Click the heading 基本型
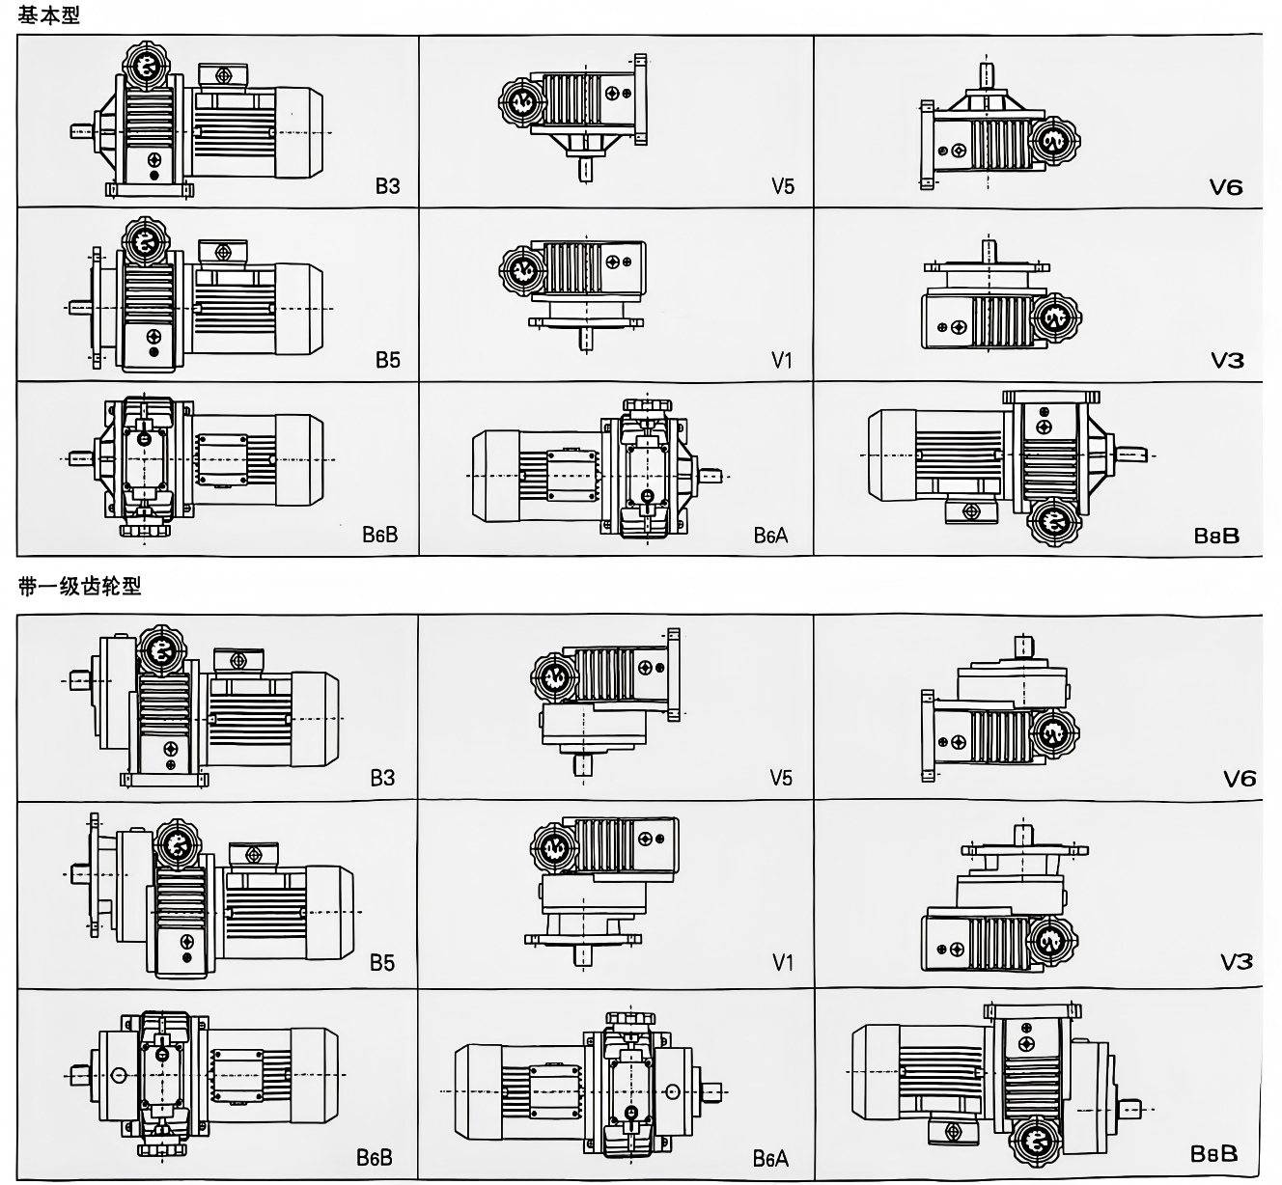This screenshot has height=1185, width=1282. point(48,14)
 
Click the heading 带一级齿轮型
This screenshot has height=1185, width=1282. point(79,586)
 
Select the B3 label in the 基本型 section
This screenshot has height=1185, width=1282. point(387,186)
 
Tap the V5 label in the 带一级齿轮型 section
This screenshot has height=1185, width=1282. point(781,778)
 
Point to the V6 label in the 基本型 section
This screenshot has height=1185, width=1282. point(1225,187)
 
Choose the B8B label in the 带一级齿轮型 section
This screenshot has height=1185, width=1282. point(1213,1153)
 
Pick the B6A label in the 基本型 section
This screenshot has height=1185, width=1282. point(770,535)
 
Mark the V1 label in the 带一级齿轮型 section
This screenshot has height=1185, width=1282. point(782,963)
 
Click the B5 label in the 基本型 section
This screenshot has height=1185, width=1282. point(387,360)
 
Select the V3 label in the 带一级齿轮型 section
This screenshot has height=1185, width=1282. point(1237,962)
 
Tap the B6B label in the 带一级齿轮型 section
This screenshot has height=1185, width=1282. point(375,1157)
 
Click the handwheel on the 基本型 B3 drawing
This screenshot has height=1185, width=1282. point(147,66)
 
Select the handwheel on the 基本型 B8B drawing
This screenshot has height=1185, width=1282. point(1053,521)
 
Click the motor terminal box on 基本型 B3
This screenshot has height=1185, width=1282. point(223,76)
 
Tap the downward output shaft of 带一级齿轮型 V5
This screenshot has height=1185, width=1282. point(583,765)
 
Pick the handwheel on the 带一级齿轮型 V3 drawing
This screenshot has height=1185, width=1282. point(1052,941)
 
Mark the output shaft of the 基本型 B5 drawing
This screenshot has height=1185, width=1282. point(80,308)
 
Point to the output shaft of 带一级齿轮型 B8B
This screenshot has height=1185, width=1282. point(1130,1110)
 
